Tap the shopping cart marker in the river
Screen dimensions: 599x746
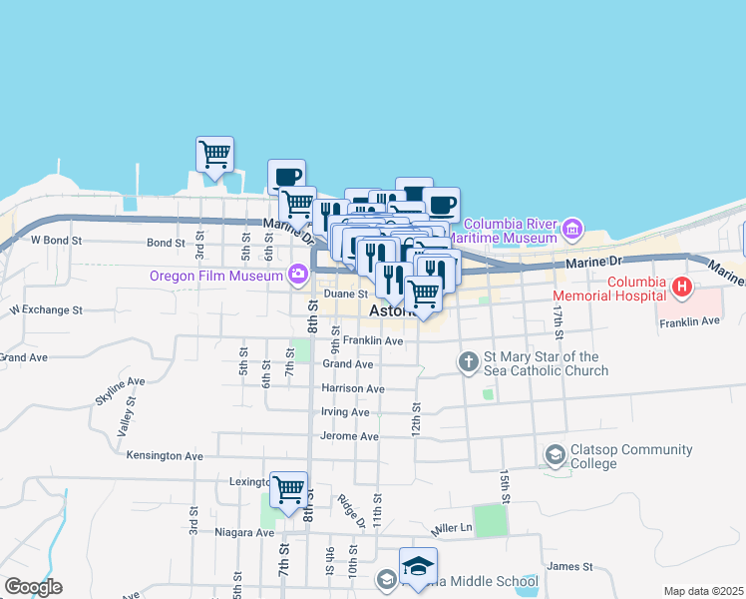point(214,156)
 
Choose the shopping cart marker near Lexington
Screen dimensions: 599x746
point(288,491)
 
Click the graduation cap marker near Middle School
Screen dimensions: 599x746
point(418,567)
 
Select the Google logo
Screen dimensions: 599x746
point(33,587)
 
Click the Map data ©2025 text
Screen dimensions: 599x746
point(702,592)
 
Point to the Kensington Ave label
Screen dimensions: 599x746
point(165,455)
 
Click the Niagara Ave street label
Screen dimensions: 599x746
point(243,532)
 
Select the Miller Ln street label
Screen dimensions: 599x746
point(451,527)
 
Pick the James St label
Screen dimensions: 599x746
point(571,566)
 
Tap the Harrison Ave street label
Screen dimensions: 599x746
point(352,388)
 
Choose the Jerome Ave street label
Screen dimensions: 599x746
point(349,436)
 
